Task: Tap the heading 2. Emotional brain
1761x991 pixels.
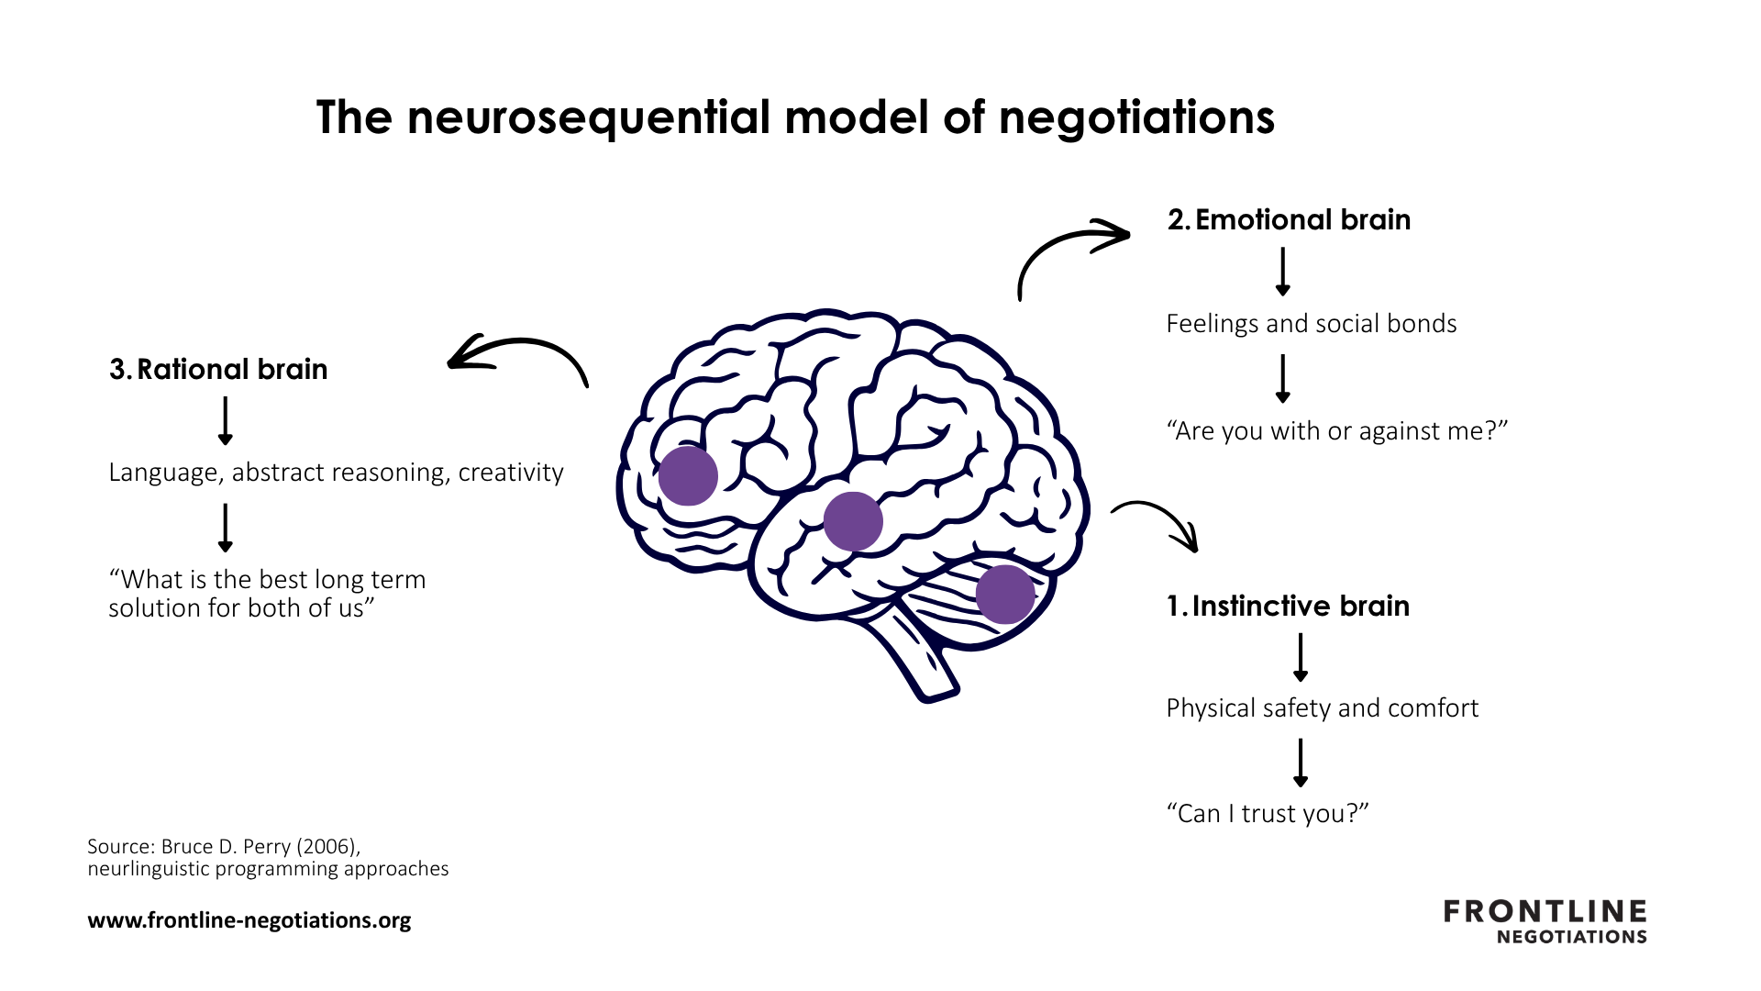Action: click(x=1289, y=220)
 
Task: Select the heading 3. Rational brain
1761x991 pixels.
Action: click(x=218, y=369)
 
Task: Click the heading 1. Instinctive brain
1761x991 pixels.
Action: click(x=1288, y=607)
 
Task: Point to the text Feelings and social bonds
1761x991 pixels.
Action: click(x=1311, y=324)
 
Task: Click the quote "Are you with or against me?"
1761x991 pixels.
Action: click(x=1336, y=430)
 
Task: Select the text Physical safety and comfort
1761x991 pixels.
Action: click(x=1322, y=708)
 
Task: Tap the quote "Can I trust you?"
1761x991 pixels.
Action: click(x=1267, y=814)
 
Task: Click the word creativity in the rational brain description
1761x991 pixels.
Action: click(x=511, y=473)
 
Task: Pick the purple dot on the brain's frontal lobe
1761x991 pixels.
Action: click(x=688, y=476)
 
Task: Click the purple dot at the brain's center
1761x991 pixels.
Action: click(x=853, y=521)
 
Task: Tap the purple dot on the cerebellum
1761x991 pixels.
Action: click(x=1005, y=595)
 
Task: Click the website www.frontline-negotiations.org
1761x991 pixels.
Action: click(x=249, y=920)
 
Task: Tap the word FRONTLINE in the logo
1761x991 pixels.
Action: click(x=1545, y=911)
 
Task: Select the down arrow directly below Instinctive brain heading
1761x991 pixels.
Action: click(x=1300, y=657)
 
